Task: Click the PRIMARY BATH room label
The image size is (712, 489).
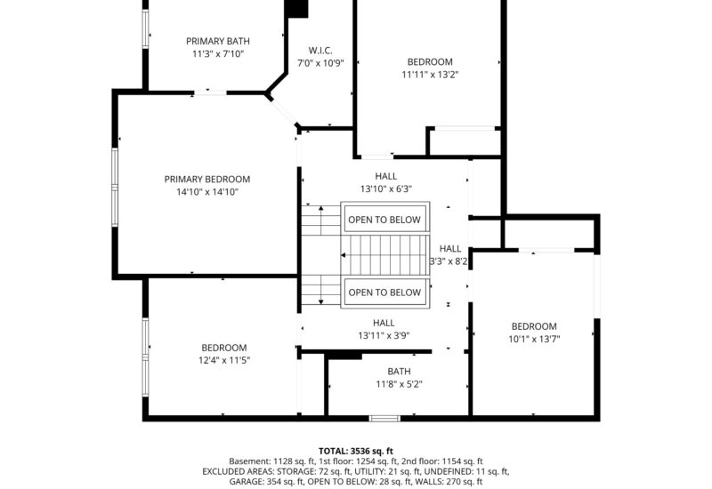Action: [x=217, y=41]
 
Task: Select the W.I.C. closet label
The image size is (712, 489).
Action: [x=320, y=50]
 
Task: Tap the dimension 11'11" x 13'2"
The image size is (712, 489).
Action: [x=430, y=76]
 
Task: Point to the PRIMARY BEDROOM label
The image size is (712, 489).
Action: [x=207, y=179]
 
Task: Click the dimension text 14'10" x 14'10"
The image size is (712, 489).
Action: [x=207, y=192]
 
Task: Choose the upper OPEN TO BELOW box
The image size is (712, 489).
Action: [x=384, y=220]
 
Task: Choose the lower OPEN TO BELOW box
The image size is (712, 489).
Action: [x=384, y=293]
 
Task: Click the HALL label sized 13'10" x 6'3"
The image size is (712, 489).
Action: [x=385, y=176]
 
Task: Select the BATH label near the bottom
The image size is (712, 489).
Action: [x=399, y=372]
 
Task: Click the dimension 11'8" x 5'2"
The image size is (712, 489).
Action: [x=399, y=385]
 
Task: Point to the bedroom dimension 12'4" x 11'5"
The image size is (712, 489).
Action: [x=223, y=360]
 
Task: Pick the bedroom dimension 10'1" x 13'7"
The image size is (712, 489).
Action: [x=533, y=339]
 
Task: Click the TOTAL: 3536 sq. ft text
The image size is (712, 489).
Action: [x=355, y=451]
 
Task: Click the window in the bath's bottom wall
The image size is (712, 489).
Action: [x=384, y=418]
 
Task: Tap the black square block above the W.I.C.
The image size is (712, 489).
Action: [x=295, y=8]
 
